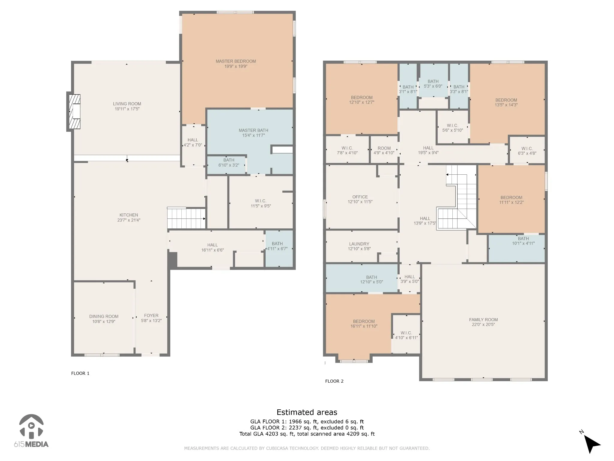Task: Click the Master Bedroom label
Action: coord(236,61)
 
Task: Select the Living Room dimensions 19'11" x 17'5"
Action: coord(127,109)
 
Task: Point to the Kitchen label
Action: coord(129,215)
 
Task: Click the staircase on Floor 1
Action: coord(186,218)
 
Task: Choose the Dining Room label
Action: coord(104,316)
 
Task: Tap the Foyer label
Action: coord(151,315)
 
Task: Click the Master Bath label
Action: coord(253,130)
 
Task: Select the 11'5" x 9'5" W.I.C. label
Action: coord(261,203)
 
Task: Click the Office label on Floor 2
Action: coord(360,197)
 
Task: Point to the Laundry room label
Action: coord(359,244)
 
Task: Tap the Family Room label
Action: coord(483,320)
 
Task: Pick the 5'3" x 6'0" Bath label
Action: coord(433,84)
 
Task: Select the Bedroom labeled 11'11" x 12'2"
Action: coord(511,200)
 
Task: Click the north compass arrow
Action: coord(592,451)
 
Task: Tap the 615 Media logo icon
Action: coord(31,426)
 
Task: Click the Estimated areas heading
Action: coord(307,412)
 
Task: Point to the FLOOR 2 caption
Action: coord(334,381)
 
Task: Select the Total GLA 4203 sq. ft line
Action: coord(307,434)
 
